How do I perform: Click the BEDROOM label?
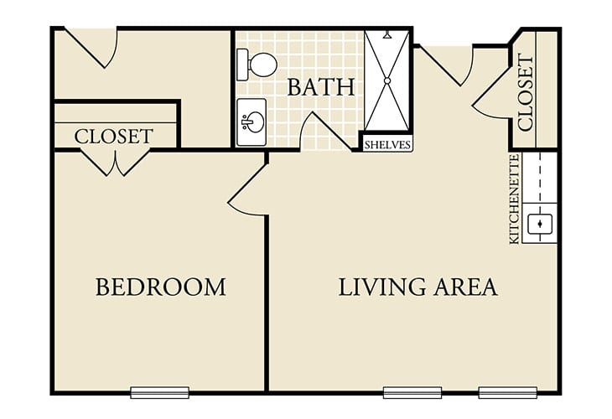[x=161, y=287]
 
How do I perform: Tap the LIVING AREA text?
[x=418, y=287]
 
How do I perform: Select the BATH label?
[x=321, y=87]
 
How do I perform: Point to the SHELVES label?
[x=387, y=145]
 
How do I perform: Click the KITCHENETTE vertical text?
[x=515, y=199]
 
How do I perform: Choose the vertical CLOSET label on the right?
[x=526, y=93]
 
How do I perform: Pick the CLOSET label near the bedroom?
[x=113, y=137]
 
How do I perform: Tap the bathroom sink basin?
[x=252, y=122]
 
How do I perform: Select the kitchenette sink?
[x=540, y=224]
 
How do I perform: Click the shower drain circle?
[x=387, y=80]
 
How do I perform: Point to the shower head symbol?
[x=387, y=35]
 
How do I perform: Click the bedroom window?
[x=159, y=392]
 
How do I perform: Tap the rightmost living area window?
[x=508, y=392]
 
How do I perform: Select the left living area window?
[x=412, y=392]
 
